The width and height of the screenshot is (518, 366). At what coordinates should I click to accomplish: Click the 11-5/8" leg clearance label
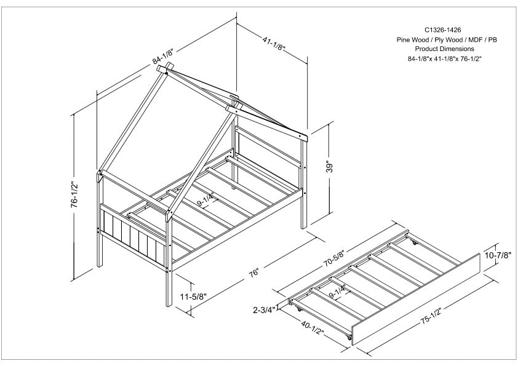[193, 296]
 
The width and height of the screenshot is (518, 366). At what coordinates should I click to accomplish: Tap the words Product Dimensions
[447, 48]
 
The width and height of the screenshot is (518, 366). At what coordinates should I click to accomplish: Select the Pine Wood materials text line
[447, 39]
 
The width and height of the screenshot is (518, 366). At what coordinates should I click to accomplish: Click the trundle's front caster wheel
[349, 338]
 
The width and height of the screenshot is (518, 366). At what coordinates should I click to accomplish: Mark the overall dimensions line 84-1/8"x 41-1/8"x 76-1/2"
[447, 58]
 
